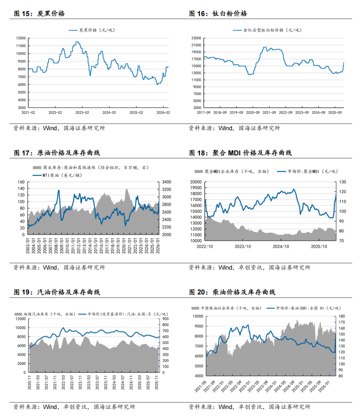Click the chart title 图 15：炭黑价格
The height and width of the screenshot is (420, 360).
(39, 14)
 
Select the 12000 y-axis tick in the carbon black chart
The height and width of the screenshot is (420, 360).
(21, 38)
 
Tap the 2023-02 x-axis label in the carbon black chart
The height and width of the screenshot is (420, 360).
(82, 113)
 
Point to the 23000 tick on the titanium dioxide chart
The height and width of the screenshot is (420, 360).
(196, 38)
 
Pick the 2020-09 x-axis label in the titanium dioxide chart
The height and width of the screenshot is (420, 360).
(253, 113)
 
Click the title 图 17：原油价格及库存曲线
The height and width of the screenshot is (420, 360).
(57, 153)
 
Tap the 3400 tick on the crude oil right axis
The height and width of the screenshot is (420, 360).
(167, 182)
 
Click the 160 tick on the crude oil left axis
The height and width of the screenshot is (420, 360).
(21, 182)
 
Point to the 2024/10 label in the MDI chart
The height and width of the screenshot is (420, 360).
(281, 246)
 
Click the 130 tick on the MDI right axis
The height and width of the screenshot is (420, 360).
(343, 182)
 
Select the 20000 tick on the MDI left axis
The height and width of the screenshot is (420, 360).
(196, 182)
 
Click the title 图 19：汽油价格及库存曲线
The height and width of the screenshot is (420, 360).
(57, 292)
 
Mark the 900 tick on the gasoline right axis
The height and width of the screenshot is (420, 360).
(165, 319)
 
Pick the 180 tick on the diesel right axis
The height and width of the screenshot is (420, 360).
(342, 316)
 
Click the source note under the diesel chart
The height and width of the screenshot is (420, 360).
(249, 407)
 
